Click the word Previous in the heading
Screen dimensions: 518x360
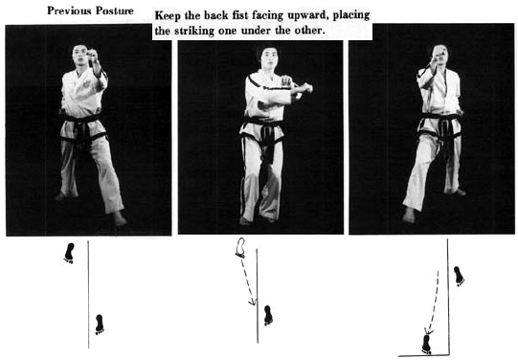coord(68,11)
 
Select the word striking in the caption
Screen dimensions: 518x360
coord(194,31)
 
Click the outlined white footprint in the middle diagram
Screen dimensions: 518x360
coord(241,247)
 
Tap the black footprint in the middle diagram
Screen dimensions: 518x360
coord(268,315)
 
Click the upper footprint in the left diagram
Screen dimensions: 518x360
coord(69,253)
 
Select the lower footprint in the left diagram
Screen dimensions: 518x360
coord(100,325)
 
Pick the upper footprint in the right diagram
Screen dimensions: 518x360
coord(459,276)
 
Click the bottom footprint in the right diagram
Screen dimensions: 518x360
coord(426,345)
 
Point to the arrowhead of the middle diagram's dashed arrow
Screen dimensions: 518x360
coord(252,302)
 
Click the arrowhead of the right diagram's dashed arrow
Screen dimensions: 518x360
coord(429,330)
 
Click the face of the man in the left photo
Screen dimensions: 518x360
coord(80,56)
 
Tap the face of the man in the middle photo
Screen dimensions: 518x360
coord(268,59)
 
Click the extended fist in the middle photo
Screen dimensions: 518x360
coord(306,88)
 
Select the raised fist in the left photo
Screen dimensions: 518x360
coord(92,54)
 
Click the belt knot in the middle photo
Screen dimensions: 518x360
coord(267,132)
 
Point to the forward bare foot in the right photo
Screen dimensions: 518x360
coord(409,215)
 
